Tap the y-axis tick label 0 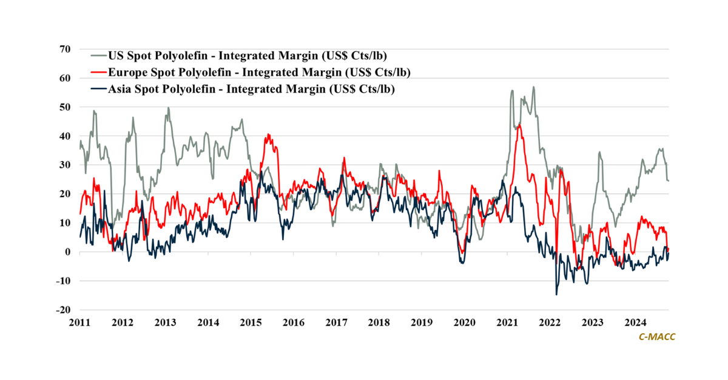point(69,252)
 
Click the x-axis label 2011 point(79,322)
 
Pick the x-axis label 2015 point(251,322)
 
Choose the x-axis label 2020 point(464,322)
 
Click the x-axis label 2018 point(379,322)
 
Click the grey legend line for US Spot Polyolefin point(93,56)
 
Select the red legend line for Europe point(93,73)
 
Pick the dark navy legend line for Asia point(93,90)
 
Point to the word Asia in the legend point(120,90)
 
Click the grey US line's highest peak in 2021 point(533,87)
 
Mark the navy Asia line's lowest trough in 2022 point(556,295)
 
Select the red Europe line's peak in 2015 point(268,135)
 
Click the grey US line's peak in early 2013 point(168,108)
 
